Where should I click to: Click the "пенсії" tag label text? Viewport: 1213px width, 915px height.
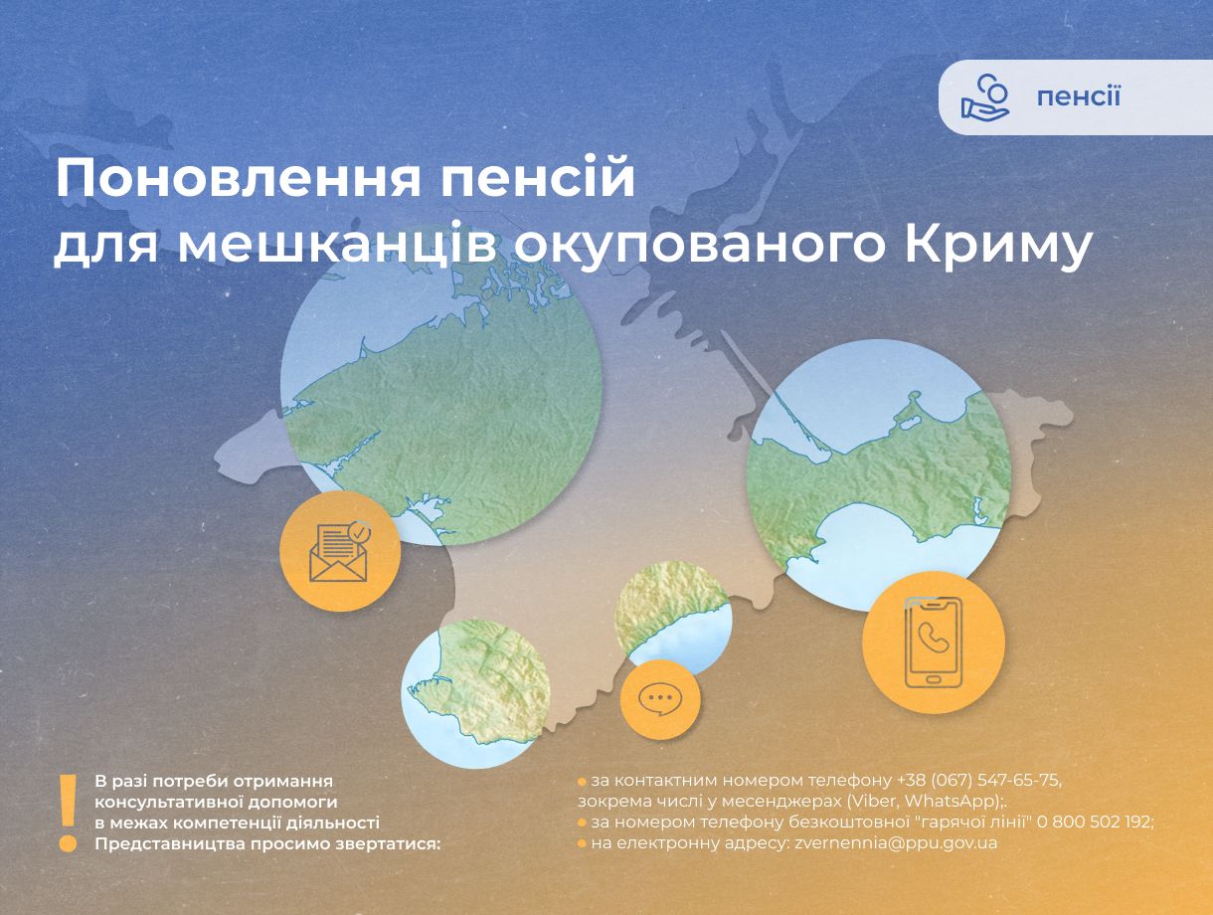pos(1078,96)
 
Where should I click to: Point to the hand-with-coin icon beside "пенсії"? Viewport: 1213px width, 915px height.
pos(984,96)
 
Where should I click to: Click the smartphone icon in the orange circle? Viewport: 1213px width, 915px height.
pos(933,642)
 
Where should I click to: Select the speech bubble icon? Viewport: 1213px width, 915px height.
pos(659,699)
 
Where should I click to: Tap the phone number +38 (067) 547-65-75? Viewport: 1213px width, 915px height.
pos(971,781)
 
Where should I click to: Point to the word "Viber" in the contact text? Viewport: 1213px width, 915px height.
pos(870,801)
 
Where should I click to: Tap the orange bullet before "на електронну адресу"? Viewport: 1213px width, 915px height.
pos(582,843)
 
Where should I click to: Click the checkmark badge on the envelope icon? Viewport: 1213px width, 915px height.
pos(359,533)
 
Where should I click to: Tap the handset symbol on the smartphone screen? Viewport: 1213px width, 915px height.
pos(932,637)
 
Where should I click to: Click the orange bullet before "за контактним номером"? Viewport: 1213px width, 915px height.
pos(582,782)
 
